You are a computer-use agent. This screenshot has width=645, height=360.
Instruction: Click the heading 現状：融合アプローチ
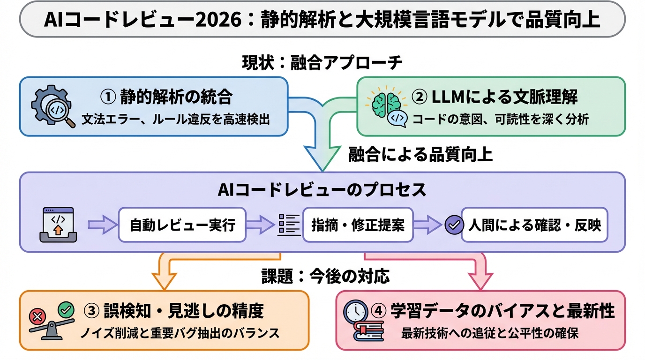(322, 62)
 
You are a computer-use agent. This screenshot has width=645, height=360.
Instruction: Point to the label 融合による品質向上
(420, 154)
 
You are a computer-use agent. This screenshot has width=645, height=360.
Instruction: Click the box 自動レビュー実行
(182, 225)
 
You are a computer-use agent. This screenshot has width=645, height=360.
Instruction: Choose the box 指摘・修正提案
(358, 225)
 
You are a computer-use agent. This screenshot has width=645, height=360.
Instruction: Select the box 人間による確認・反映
(534, 225)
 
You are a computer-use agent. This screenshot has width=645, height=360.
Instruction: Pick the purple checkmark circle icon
(453, 225)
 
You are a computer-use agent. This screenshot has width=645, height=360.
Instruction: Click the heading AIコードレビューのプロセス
(322, 190)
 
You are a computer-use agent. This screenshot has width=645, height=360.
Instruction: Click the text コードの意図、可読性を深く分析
(500, 120)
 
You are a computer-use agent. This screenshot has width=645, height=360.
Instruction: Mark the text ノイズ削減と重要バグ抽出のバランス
(179, 333)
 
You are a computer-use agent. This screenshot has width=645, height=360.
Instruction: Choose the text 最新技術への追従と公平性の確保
(490, 333)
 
